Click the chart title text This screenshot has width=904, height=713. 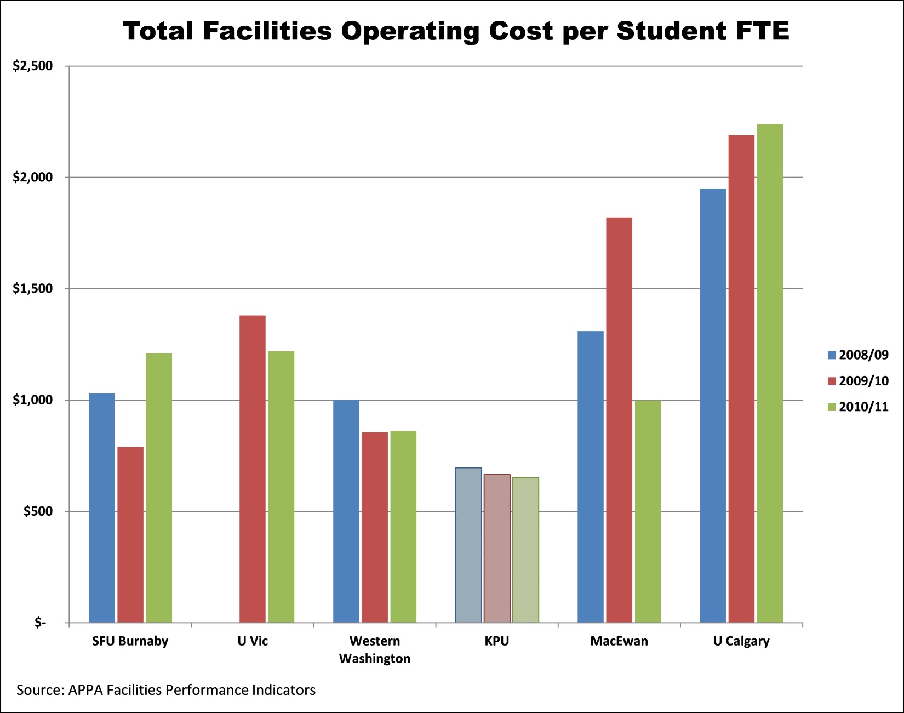pos(456,31)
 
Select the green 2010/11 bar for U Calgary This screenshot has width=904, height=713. pos(770,373)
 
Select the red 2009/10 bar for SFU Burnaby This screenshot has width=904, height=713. pos(130,534)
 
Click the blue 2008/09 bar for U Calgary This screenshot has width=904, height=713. pos(713,406)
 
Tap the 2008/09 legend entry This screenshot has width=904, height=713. pos(858,355)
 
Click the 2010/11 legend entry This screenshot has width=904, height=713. pos(858,407)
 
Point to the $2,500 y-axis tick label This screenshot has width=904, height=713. pos(33,66)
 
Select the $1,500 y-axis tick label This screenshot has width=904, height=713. pos(33,289)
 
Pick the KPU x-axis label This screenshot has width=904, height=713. pos(497,641)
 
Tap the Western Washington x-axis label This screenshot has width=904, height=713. pos(375,649)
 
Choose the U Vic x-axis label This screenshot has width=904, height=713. pos(253,641)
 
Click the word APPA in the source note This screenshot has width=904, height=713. pos(85,690)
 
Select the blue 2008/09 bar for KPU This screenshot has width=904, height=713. pos(468,545)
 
